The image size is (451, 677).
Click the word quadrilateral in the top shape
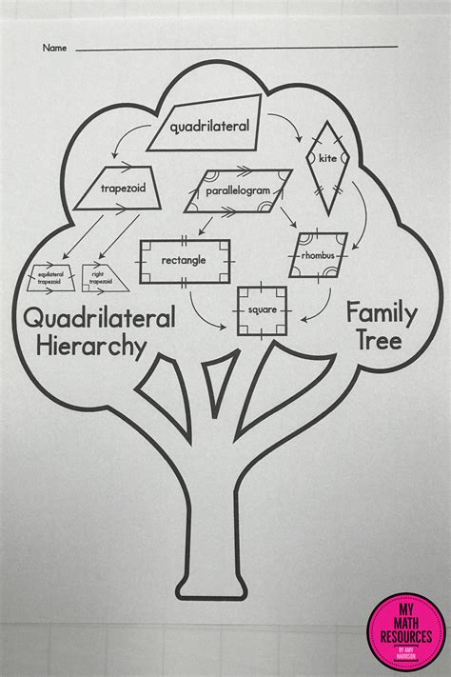[x=209, y=126]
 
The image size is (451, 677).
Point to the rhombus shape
[x=318, y=254]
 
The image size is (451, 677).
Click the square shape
[x=262, y=309]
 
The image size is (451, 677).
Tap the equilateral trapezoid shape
[x=49, y=278]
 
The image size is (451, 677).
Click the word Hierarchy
[x=91, y=346]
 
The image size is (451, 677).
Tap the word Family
[x=377, y=312]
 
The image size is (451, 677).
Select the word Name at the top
[x=54, y=48]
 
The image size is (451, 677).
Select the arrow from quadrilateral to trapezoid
[x=124, y=144]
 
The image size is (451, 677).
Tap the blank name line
[x=238, y=48]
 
